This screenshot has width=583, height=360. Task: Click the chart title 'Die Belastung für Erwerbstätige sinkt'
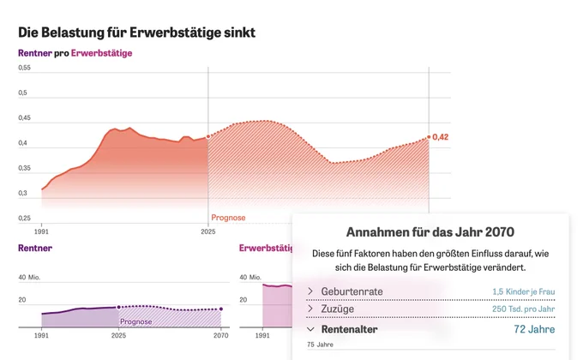tap(136, 33)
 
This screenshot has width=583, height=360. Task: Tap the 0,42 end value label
tap(440, 137)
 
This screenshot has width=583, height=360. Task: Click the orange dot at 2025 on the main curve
tap(208, 136)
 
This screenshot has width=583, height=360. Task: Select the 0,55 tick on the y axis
tap(24, 68)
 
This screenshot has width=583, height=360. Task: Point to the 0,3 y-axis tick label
tap(22, 193)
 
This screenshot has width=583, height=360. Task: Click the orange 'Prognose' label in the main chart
tap(228, 218)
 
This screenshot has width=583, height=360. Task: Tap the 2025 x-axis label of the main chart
tap(208, 231)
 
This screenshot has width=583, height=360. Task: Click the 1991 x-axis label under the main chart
tap(41, 231)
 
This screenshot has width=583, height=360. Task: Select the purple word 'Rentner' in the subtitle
tap(35, 53)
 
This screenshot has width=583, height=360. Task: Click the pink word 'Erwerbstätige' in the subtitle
tap(101, 53)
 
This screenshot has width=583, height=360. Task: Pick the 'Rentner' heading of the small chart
tap(35, 248)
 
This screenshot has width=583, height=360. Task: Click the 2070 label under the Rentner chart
tap(221, 335)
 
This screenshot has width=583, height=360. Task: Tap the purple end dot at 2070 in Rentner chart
tap(221, 309)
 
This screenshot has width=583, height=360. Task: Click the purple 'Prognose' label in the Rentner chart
tap(135, 321)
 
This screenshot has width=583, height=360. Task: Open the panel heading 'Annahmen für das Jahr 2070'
tap(430, 232)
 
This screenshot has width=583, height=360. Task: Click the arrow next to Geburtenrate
tap(310, 291)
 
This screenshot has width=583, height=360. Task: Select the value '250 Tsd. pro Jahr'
tap(524, 309)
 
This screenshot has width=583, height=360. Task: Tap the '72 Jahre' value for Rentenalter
tap(534, 329)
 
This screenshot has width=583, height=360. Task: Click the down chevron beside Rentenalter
tap(311, 329)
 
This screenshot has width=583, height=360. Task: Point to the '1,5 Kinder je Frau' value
tap(524, 291)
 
